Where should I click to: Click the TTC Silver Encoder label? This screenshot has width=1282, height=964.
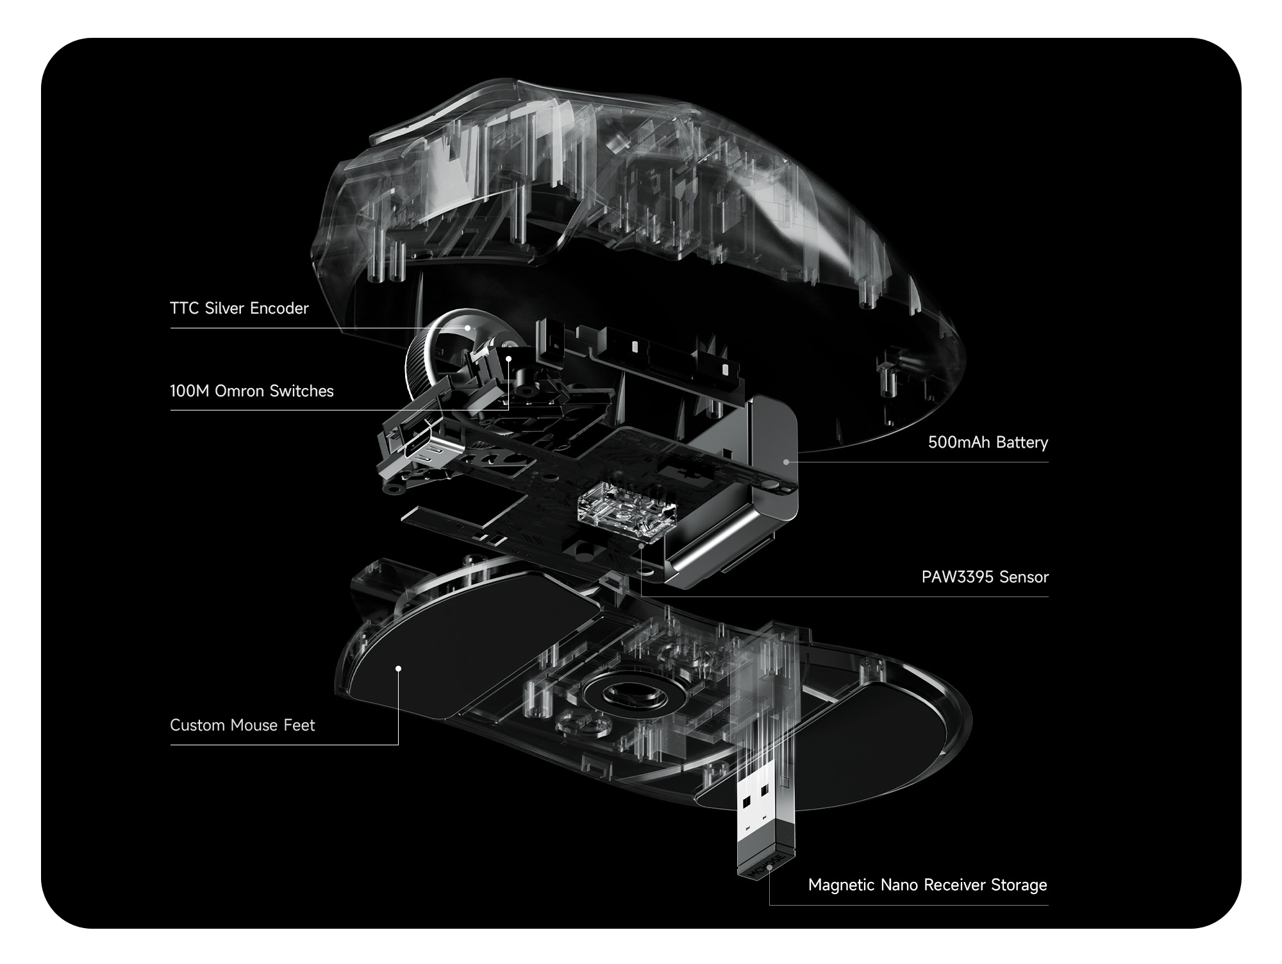(x=239, y=309)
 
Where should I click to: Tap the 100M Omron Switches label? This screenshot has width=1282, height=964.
(x=252, y=391)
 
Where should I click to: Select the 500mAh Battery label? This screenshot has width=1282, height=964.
(x=988, y=443)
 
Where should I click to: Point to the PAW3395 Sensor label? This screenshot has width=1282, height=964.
(x=985, y=577)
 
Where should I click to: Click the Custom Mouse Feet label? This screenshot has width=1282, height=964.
(x=242, y=725)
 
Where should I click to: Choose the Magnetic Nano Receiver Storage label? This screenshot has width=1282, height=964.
(x=928, y=885)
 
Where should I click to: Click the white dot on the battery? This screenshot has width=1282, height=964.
(x=786, y=461)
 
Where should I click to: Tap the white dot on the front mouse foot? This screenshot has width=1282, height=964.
(x=398, y=668)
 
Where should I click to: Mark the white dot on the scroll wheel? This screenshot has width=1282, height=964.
(x=468, y=328)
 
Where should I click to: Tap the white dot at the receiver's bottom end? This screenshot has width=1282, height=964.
(x=769, y=867)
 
